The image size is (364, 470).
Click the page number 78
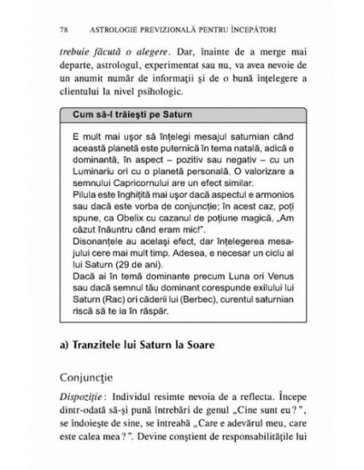click(x=64, y=30)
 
